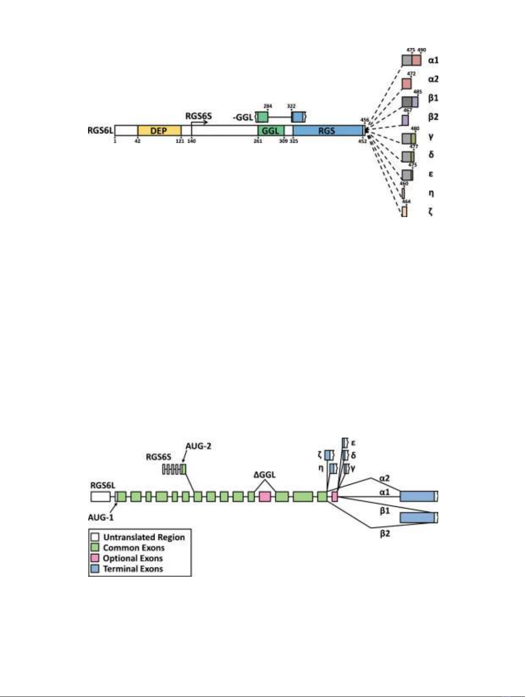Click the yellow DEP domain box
(x=159, y=131)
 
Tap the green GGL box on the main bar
(x=270, y=131)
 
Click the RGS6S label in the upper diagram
(x=198, y=116)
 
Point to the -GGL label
(x=243, y=118)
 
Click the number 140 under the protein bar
(x=192, y=141)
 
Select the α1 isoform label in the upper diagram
(x=433, y=60)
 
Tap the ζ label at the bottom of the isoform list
(x=431, y=212)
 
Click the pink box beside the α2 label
(x=407, y=84)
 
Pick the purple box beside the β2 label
(x=405, y=120)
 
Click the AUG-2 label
(x=198, y=446)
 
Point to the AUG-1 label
(x=100, y=517)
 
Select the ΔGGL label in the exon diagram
(x=264, y=475)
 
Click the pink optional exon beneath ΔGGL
(x=265, y=497)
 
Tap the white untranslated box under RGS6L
(x=100, y=497)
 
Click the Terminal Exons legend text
(x=133, y=569)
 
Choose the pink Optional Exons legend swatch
(x=94, y=558)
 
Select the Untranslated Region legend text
(x=144, y=537)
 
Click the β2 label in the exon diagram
(x=385, y=534)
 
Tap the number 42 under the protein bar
(x=137, y=141)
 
